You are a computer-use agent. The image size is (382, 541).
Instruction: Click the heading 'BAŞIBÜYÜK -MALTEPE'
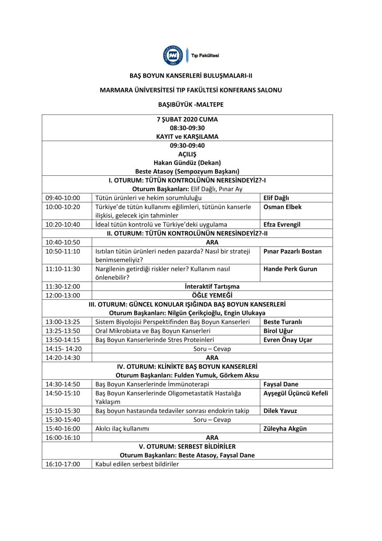[191, 105]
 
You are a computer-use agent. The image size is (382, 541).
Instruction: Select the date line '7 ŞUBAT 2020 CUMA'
[187, 120]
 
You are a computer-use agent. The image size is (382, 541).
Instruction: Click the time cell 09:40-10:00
[63, 197]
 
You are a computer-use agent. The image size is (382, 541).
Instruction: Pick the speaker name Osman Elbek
[282, 207]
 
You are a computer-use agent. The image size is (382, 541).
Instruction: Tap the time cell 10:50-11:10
[63, 251]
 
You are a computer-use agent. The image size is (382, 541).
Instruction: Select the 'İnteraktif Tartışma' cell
[212, 286]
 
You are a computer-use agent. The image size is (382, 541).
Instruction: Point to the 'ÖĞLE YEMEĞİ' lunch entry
[212, 295]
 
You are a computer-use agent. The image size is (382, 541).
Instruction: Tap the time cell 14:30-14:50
[63, 384]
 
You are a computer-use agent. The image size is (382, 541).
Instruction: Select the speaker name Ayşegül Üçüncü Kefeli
[295, 393]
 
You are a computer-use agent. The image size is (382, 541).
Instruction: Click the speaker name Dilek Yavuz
[280, 411]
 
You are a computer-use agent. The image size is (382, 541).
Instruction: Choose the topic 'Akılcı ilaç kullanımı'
[122, 429]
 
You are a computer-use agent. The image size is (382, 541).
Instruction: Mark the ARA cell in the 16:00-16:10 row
[212, 437]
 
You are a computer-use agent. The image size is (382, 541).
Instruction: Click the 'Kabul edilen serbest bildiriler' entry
[137, 464]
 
